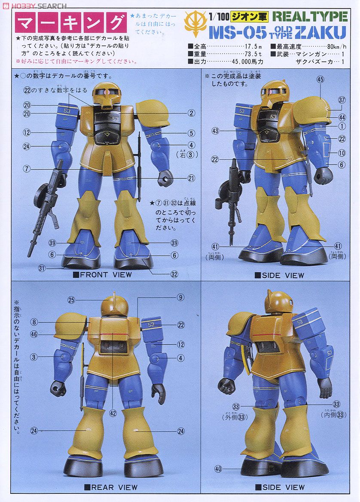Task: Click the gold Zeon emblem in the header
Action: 196,24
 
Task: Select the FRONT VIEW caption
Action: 105,275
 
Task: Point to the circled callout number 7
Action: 27,169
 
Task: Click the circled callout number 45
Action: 320,79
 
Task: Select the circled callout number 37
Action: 342,100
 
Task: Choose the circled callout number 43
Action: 215,131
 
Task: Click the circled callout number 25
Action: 71,299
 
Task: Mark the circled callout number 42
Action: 113,413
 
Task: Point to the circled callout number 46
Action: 34,333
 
